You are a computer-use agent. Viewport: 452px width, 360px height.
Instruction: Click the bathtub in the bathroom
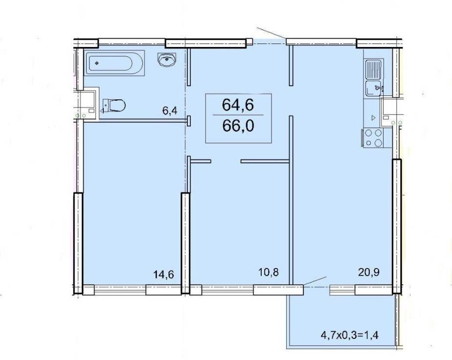[114, 63]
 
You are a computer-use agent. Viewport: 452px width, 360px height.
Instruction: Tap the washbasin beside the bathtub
[167, 59]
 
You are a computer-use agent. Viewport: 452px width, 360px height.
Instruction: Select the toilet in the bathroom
[114, 105]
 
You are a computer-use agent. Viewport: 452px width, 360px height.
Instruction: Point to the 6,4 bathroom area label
[169, 111]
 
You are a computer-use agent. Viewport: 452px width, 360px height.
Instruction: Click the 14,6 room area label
[164, 274]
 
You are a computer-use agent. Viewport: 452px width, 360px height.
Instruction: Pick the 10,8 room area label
[269, 272]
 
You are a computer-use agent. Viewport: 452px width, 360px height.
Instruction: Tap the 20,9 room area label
[369, 272]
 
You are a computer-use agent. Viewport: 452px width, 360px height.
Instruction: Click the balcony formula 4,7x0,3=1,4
[349, 335]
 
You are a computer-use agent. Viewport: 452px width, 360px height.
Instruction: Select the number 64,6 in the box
[238, 105]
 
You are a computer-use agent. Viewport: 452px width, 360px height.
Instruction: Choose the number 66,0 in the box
[238, 126]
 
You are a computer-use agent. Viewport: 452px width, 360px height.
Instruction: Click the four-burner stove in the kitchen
[374, 138]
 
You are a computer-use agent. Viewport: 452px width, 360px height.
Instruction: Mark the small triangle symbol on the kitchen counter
[374, 117]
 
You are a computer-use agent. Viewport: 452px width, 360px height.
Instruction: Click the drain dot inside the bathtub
[97, 63]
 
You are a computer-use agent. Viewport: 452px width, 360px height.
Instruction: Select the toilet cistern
[106, 105]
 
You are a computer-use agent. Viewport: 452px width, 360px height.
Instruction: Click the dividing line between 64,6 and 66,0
[238, 115]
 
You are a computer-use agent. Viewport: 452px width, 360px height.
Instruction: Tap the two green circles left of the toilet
[80, 116]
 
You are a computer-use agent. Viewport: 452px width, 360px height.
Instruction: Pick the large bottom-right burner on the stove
[378, 142]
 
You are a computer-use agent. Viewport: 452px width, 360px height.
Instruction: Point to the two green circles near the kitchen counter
[396, 123]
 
